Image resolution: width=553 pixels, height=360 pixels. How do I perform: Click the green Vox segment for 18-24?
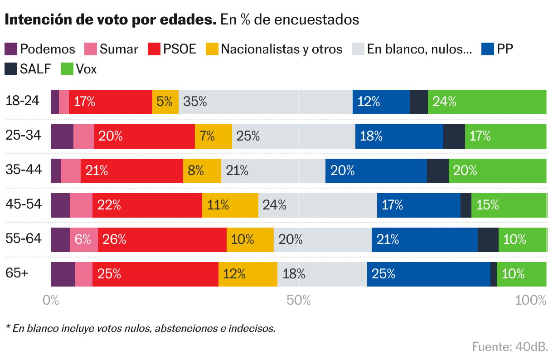click(x=487, y=102)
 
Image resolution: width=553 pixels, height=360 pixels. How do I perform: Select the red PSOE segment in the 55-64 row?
click(x=162, y=239)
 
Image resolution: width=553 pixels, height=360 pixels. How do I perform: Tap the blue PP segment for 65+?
click(x=428, y=274)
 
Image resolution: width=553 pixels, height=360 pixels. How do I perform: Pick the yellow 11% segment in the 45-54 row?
click(x=230, y=205)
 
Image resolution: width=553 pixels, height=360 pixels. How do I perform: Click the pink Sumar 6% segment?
click(x=83, y=239)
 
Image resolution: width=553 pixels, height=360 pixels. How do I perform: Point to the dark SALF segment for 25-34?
click(x=454, y=136)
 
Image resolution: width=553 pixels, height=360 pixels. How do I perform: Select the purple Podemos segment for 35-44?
click(x=55, y=171)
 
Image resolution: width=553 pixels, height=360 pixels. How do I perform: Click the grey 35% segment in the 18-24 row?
click(x=265, y=102)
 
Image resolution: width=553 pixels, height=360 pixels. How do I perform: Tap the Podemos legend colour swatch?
click(x=11, y=49)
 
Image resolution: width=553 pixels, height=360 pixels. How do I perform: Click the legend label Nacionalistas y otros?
click(x=281, y=49)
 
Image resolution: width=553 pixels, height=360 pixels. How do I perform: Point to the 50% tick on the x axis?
click(x=299, y=300)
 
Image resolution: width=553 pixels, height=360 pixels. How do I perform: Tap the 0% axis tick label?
click(x=51, y=300)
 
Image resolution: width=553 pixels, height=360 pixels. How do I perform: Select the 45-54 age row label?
click(x=24, y=204)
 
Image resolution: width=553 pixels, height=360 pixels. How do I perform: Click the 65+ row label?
click(x=17, y=273)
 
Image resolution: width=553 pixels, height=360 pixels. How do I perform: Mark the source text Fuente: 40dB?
click(x=510, y=347)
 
